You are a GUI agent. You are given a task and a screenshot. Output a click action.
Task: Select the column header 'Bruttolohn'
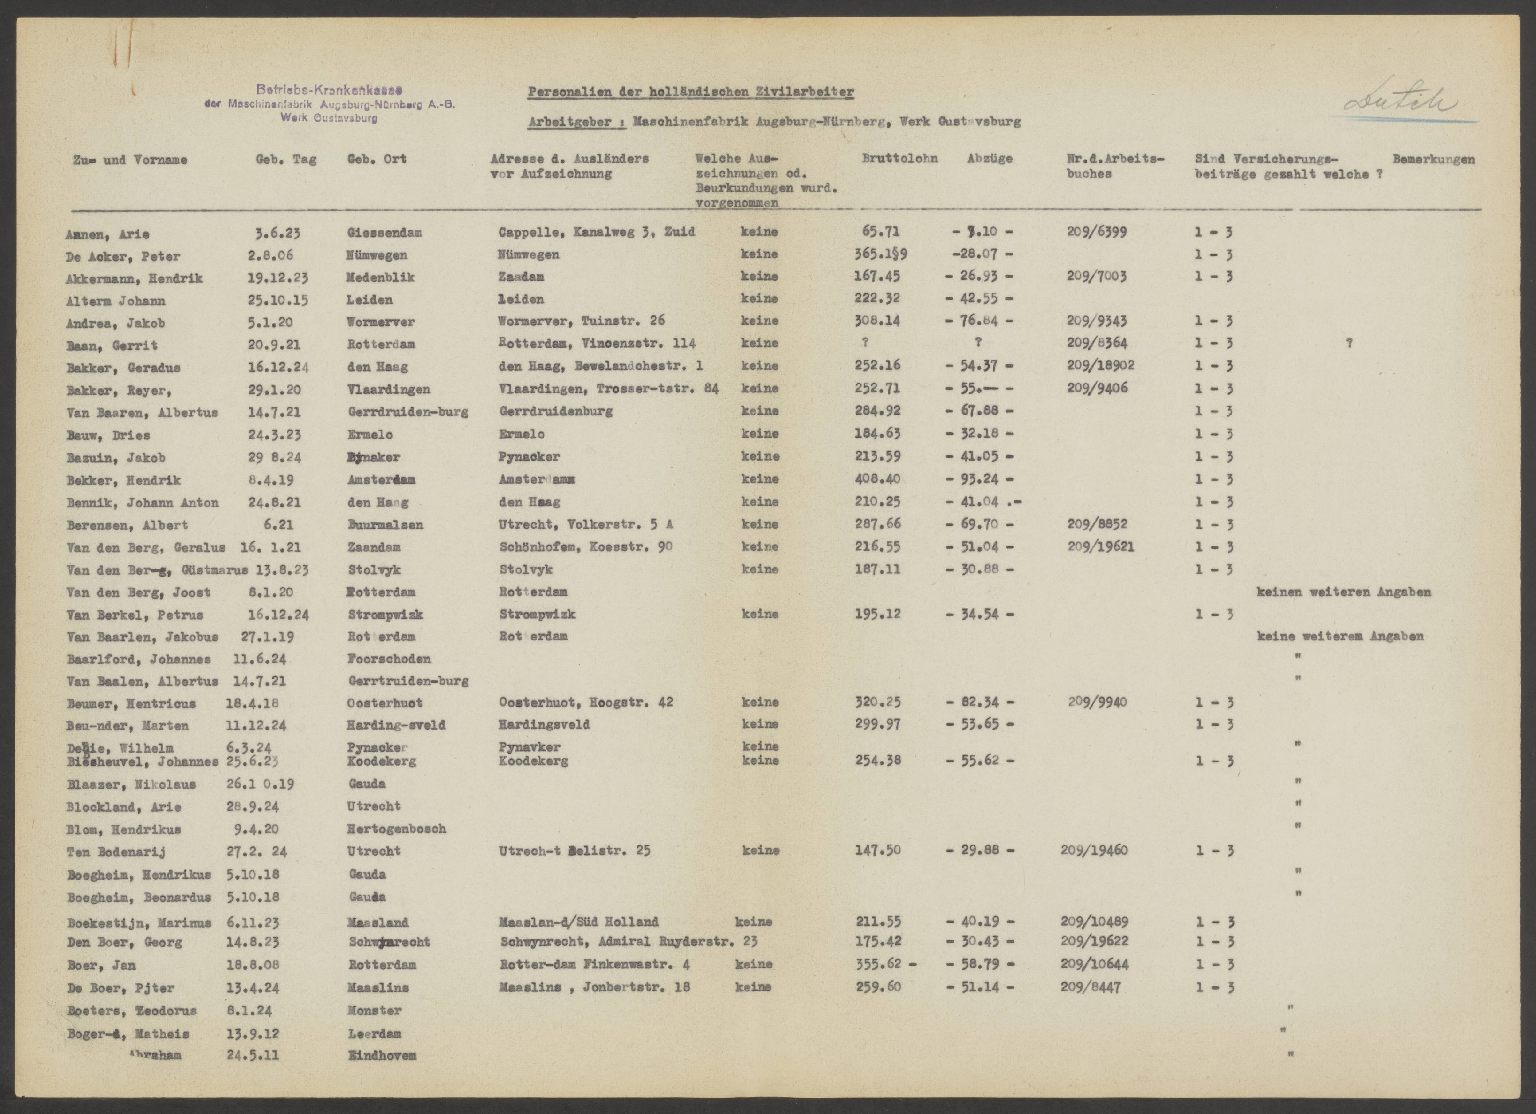pyautogui.click(x=899, y=159)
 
